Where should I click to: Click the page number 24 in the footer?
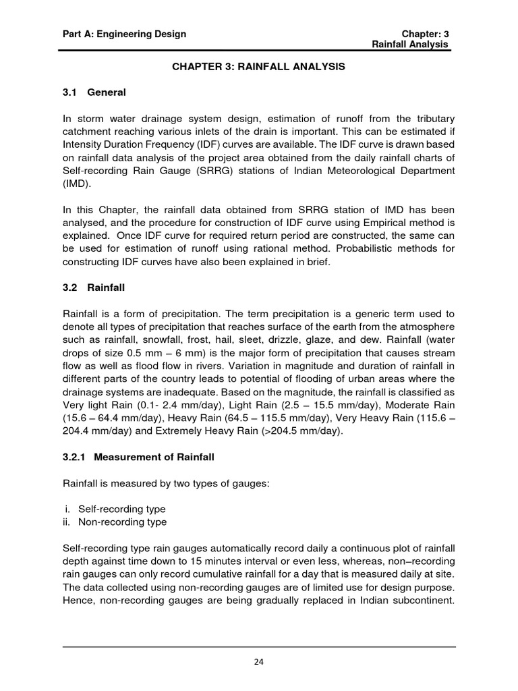coord(259,662)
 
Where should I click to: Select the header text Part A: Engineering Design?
coord(124,34)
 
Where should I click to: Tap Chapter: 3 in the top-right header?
coord(425,34)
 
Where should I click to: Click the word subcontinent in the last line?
coord(420,601)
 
